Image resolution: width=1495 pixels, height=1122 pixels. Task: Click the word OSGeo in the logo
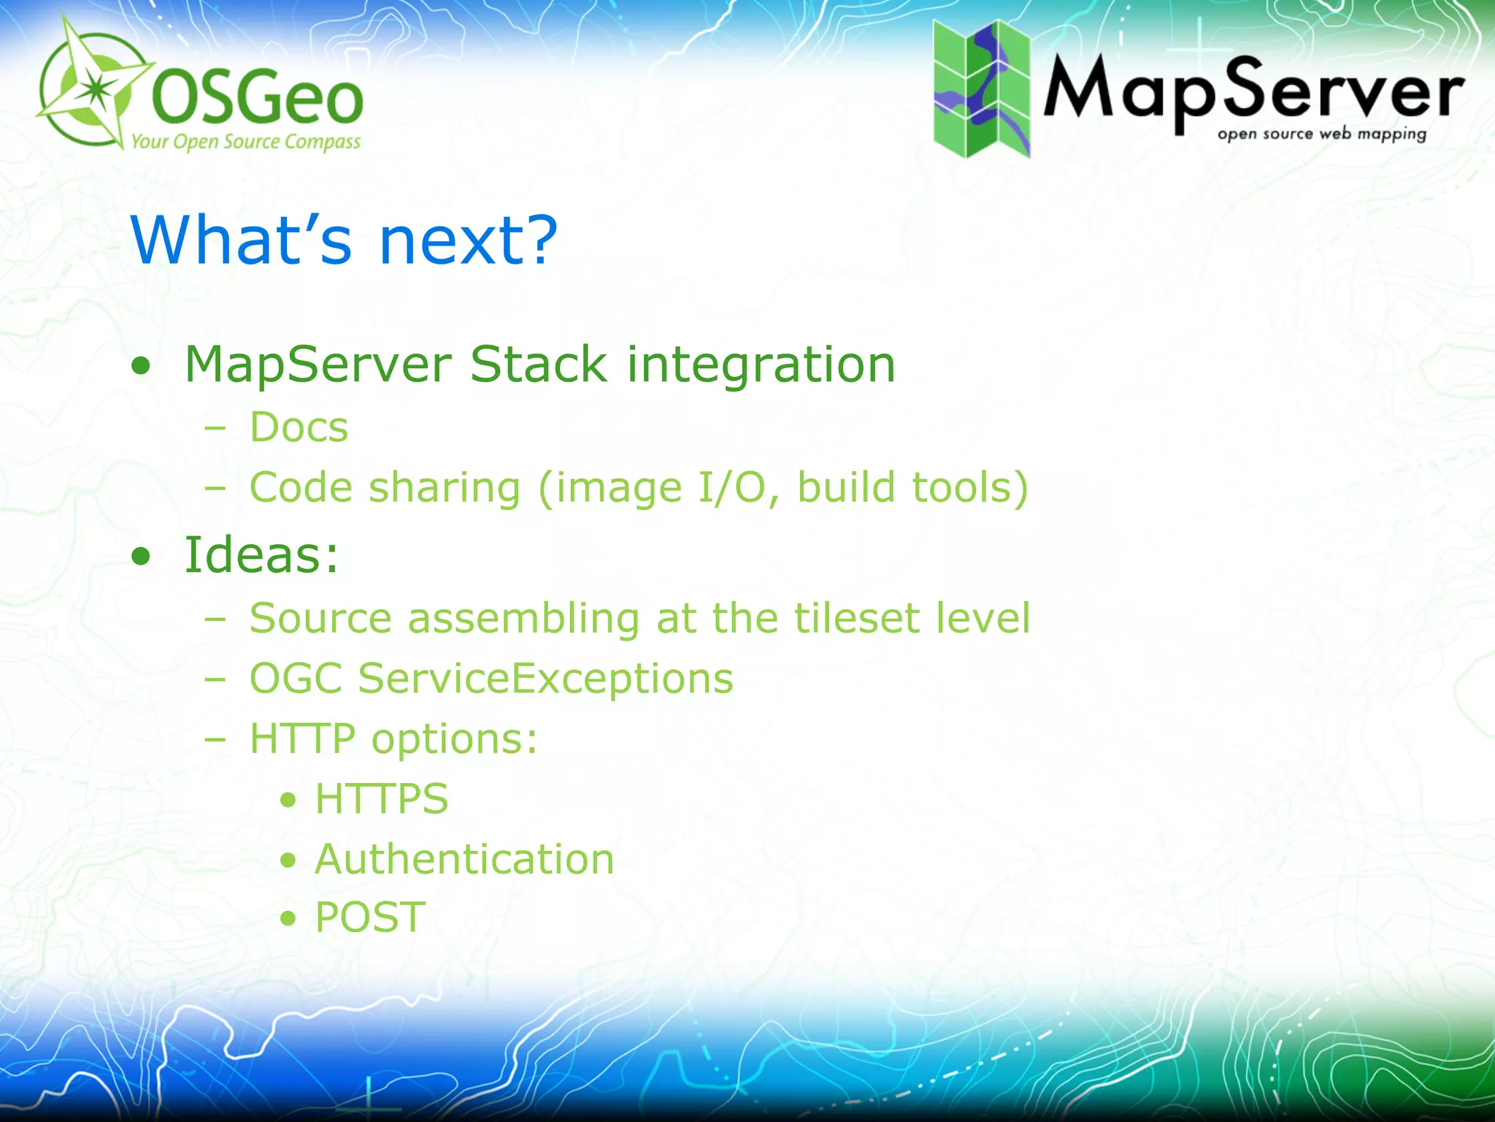[x=257, y=99]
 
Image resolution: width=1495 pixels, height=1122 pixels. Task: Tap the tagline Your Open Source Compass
[x=245, y=142]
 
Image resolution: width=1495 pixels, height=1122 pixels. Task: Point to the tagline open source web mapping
[x=1321, y=134]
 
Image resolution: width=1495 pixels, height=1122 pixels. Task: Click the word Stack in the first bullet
[x=538, y=365]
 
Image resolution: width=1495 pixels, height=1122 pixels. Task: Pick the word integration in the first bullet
[x=761, y=365]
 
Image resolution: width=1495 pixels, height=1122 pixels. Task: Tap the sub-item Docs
[x=299, y=427]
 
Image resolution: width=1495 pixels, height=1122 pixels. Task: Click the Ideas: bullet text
[x=261, y=555]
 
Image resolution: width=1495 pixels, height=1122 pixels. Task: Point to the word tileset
[x=856, y=619]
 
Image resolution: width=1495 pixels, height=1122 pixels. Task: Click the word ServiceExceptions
[x=545, y=679]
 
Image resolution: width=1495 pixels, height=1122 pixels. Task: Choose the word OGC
[x=296, y=679]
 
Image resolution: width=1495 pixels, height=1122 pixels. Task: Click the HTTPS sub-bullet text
[x=381, y=798]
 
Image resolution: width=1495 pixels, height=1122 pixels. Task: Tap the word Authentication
[x=464, y=859]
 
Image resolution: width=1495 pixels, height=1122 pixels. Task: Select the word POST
[x=370, y=917]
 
